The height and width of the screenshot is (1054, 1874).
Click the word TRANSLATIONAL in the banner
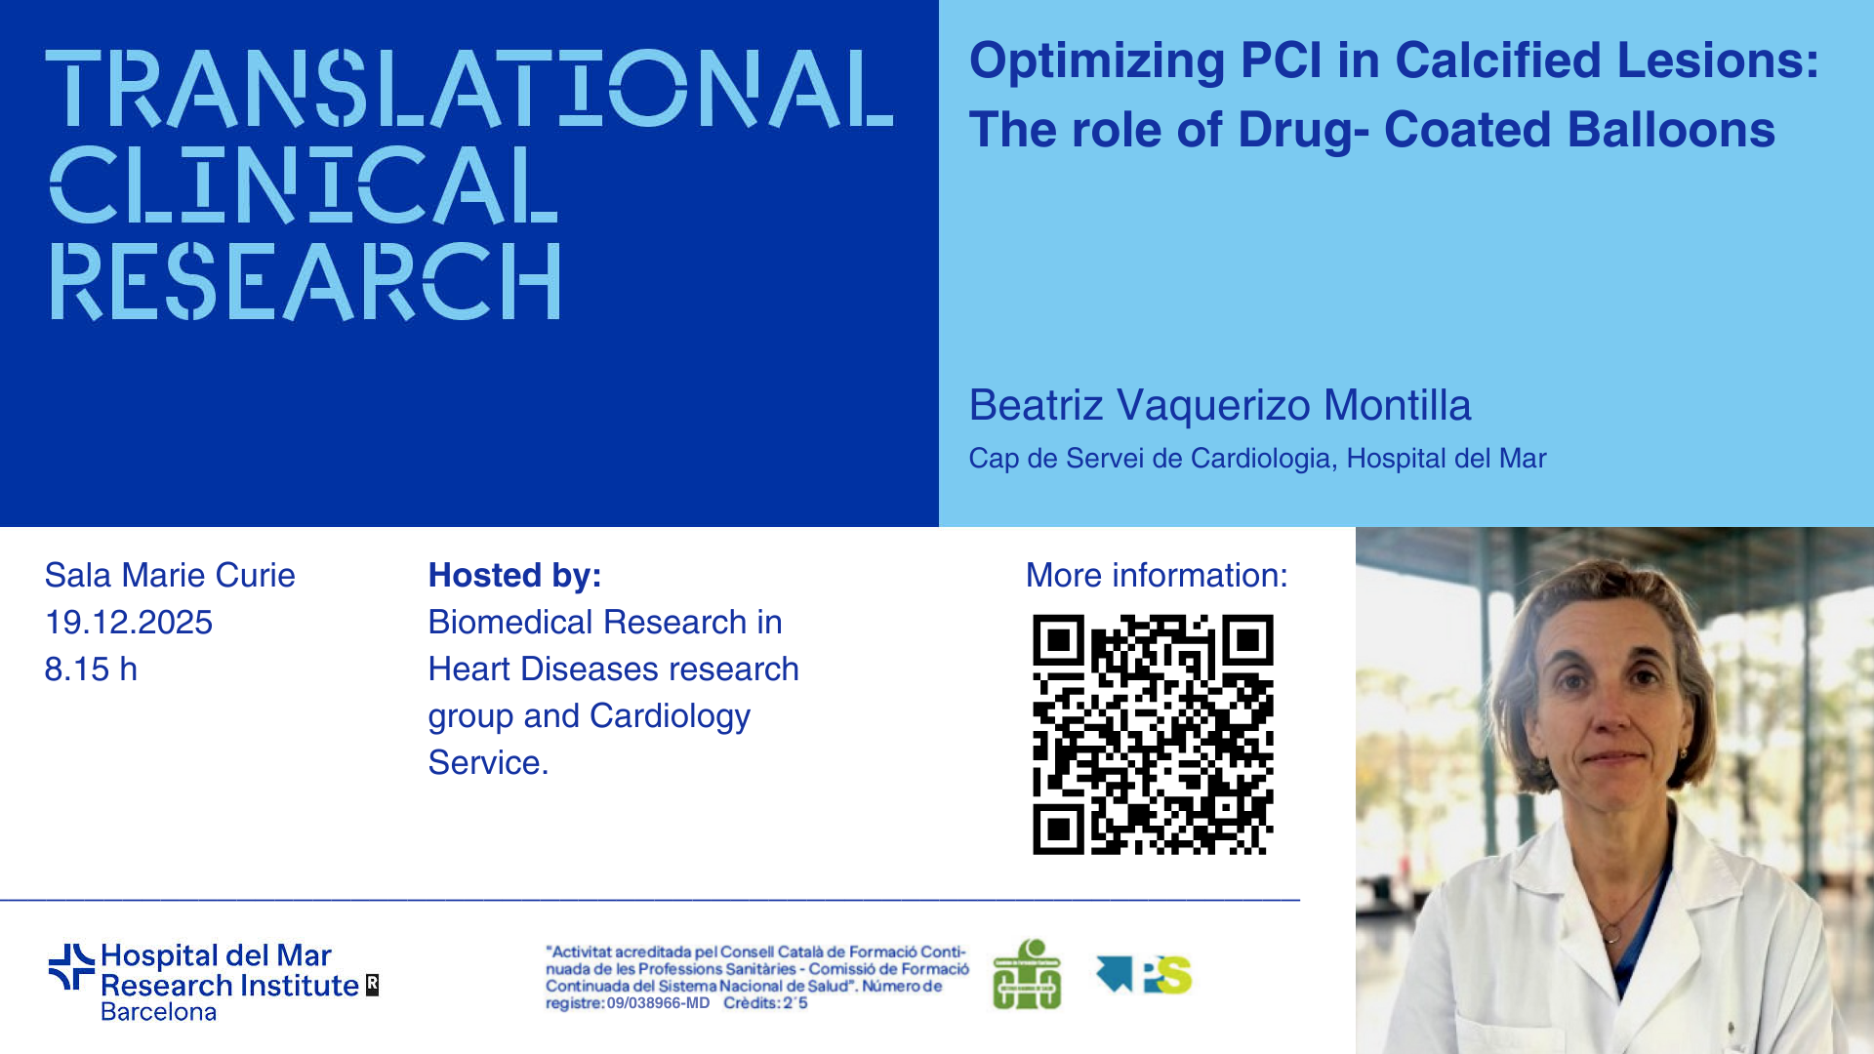(469, 89)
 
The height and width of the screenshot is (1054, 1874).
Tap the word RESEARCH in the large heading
(306, 281)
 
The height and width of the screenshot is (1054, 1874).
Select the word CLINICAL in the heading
(304, 184)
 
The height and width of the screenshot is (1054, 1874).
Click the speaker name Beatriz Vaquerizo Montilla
(1220, 405)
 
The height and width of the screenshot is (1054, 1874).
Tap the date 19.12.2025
(129, 623)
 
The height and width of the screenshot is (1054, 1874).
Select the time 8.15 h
(91, 669)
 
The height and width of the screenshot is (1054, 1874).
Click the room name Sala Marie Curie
(170, 576)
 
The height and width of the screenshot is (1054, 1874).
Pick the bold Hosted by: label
(515, 576)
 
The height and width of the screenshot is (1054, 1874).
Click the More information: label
(1157, 576)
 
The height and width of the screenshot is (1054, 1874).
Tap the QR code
(1153, 735)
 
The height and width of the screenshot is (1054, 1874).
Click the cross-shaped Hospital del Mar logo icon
(71, 967)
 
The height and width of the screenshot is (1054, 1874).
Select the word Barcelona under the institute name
(159, 1012)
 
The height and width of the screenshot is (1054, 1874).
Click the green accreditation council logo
(1027, 974)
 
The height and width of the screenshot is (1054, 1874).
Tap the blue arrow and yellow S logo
(1144, 974)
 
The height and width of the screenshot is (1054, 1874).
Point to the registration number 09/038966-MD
(658, 1003)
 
